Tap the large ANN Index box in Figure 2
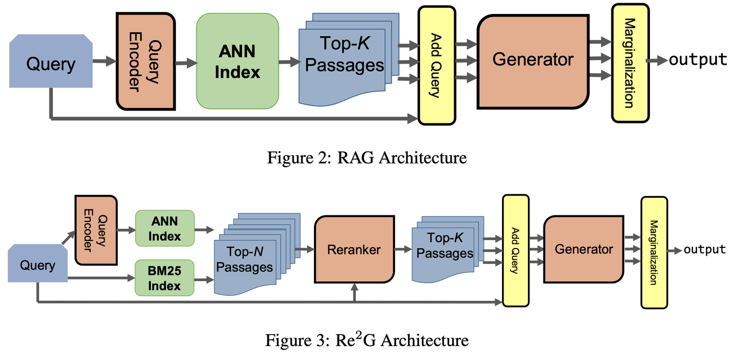pyautogui.click(x=237, y=61)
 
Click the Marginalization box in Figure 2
pyautogui.click(x=630, y=63)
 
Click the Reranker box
pyautogui.click(x=353, y=250)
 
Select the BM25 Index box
pyautogui.click(x=164, y=278)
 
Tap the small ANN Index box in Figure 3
pyautogui.click(x=164, y=229)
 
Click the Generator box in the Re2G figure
pyautogui.click(x=584, y=250)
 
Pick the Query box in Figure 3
pyautogui.click(x=37, y=266)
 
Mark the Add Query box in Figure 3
pyautogui.click(x=515, y=251)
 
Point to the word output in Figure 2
pyautogui.click(x=698, y=60)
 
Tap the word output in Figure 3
pyautogui.click(x=704, y=250)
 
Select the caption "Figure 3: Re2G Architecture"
pyautogui.click(x=367, y=340)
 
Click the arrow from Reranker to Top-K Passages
pyautogui.click(x=402, y=250)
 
